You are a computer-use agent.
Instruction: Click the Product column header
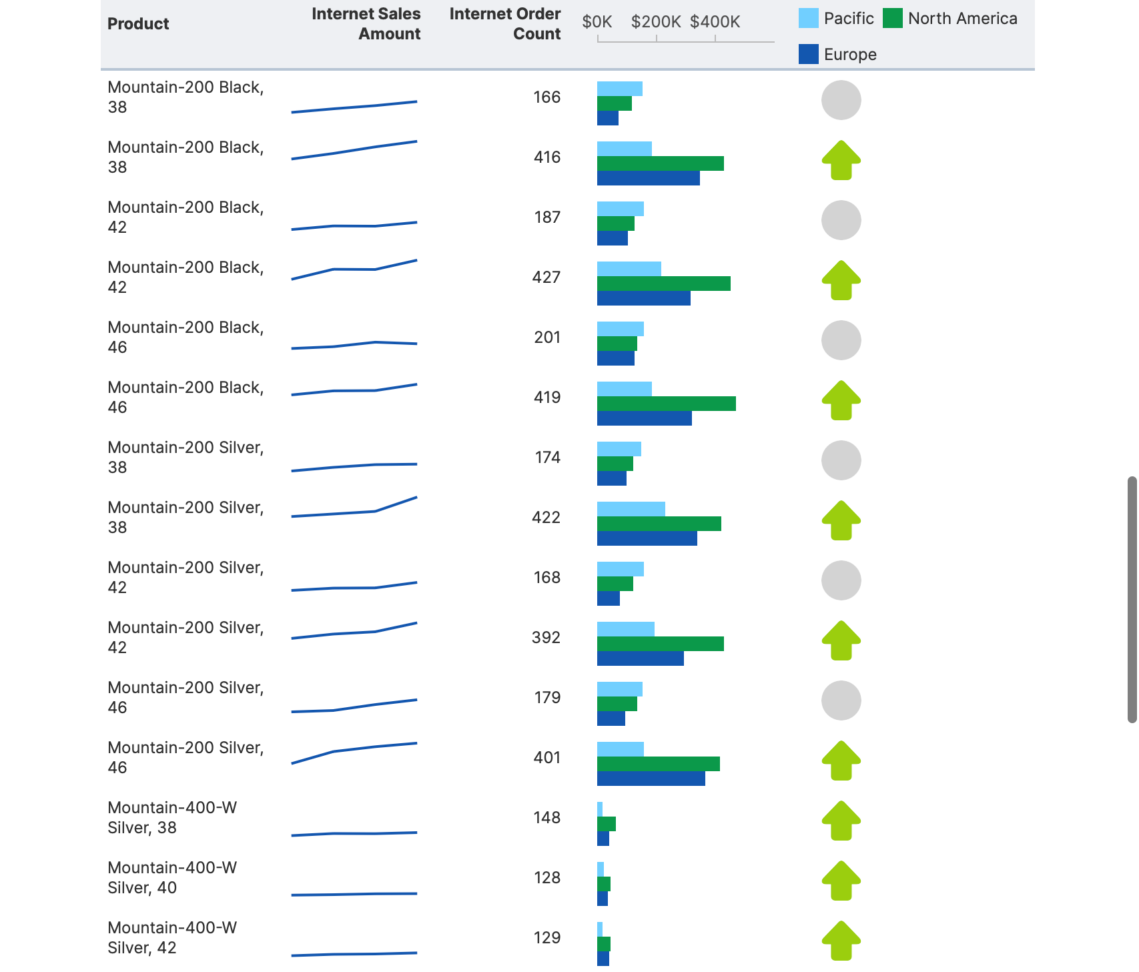(138, 24)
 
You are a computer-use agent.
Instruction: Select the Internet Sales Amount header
(366, 24)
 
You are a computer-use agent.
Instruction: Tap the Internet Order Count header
(505, 24)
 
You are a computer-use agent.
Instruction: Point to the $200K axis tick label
(655, 22)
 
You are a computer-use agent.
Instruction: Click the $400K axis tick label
(715, 22)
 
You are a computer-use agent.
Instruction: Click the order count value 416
(546, 157)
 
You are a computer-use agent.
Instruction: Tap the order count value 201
(546, 338)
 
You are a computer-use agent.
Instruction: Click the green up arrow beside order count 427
(841, 280)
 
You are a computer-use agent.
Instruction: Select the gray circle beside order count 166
(841, 100)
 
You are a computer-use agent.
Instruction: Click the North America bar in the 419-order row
(666, 404)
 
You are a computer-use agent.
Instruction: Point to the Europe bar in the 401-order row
(651, 779)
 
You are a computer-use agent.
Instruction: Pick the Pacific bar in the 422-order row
(631, 509)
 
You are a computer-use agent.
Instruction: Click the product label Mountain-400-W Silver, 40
(172, 877)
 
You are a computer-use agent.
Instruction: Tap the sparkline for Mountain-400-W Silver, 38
(354, 833)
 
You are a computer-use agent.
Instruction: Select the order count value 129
(546, 938)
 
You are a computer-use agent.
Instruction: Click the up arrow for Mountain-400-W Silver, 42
(841, 941)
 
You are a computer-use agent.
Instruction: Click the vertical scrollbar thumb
(1132, 599)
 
